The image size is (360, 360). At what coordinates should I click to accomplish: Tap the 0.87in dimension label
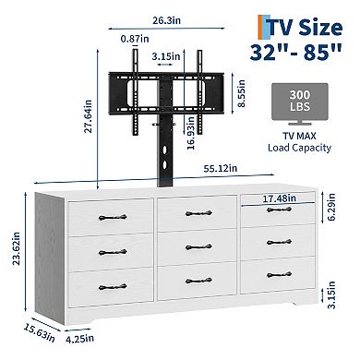(x=135, y=40)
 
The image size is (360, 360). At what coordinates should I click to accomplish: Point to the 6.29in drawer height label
(x=338, y=223)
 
